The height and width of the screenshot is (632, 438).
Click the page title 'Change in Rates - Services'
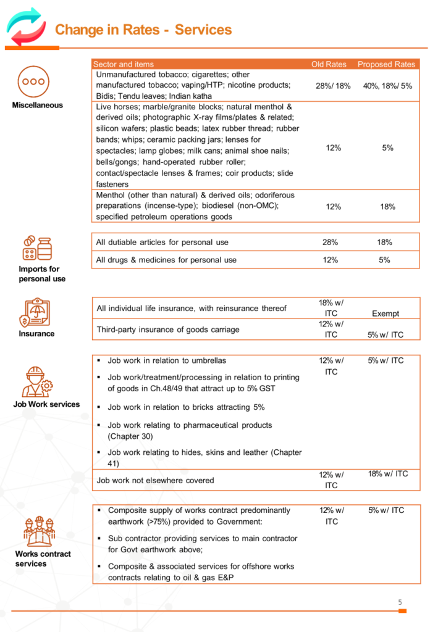tap(143, 30)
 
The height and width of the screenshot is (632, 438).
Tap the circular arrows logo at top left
tap(26, 28)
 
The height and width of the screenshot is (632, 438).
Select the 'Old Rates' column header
tap(329, 64)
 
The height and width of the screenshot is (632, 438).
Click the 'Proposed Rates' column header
tap(387, 64)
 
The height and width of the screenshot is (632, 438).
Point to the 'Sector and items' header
tap(124, 64)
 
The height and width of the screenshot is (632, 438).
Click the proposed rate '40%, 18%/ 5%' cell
tap(387, 86)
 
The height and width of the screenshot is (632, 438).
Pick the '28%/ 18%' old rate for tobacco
tap(333, 86)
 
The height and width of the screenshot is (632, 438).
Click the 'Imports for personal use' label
tap(39, 274)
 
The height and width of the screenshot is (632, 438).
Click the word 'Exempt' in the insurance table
tap(385, 314)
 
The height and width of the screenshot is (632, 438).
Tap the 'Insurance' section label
tap(36, 334)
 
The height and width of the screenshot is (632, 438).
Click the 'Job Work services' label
tap(46, 404)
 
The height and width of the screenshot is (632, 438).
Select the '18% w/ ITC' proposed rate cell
tap(388, 474)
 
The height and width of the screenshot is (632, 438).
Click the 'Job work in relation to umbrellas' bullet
tap(167, 360)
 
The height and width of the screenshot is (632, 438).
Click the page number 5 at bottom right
tap(400, 602)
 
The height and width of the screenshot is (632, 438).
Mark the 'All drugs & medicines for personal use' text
tap(166, 260)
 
